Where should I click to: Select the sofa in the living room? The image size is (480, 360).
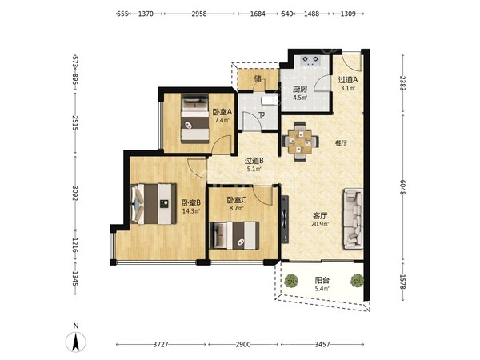pyautogui.click(x=353, y=218)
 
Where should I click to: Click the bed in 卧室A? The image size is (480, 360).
pyautogui.click(x=194, y=118)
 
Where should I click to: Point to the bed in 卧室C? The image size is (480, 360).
pyautogui.click(x=234, y=235)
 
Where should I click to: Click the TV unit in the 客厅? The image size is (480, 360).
pyautogui.click(x=285, y=219)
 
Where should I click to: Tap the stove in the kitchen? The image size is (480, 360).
pyautogui.click(x=311, y=60)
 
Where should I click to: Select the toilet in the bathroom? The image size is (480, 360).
pyautogui.click(x=270, y=100)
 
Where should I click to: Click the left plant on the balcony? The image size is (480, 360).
pyautogui.click(x=291, y=281)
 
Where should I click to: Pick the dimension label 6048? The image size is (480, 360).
pyautogui.click(x=403, y=187)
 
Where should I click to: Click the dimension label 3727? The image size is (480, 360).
pyautogui.click(x=161, y=344)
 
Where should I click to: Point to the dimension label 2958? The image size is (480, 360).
pyautogui.click(x=199, y=14)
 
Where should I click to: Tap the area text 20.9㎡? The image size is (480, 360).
pyautogui.click(x=320, y=224)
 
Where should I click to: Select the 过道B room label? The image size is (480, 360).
pyautogui.click(x=254, y=161)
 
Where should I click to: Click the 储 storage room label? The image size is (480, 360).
pyautogui.click(x=258, y=78)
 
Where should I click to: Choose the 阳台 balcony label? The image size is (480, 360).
pyautogui.click(x=322, y=280)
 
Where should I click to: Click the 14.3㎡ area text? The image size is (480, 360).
pyautogui.click(x=191, y=210)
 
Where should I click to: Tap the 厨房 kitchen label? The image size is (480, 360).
pyautogui.click(x=300, y=90)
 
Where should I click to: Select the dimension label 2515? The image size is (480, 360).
pyautogui.click(x=75, y=122)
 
